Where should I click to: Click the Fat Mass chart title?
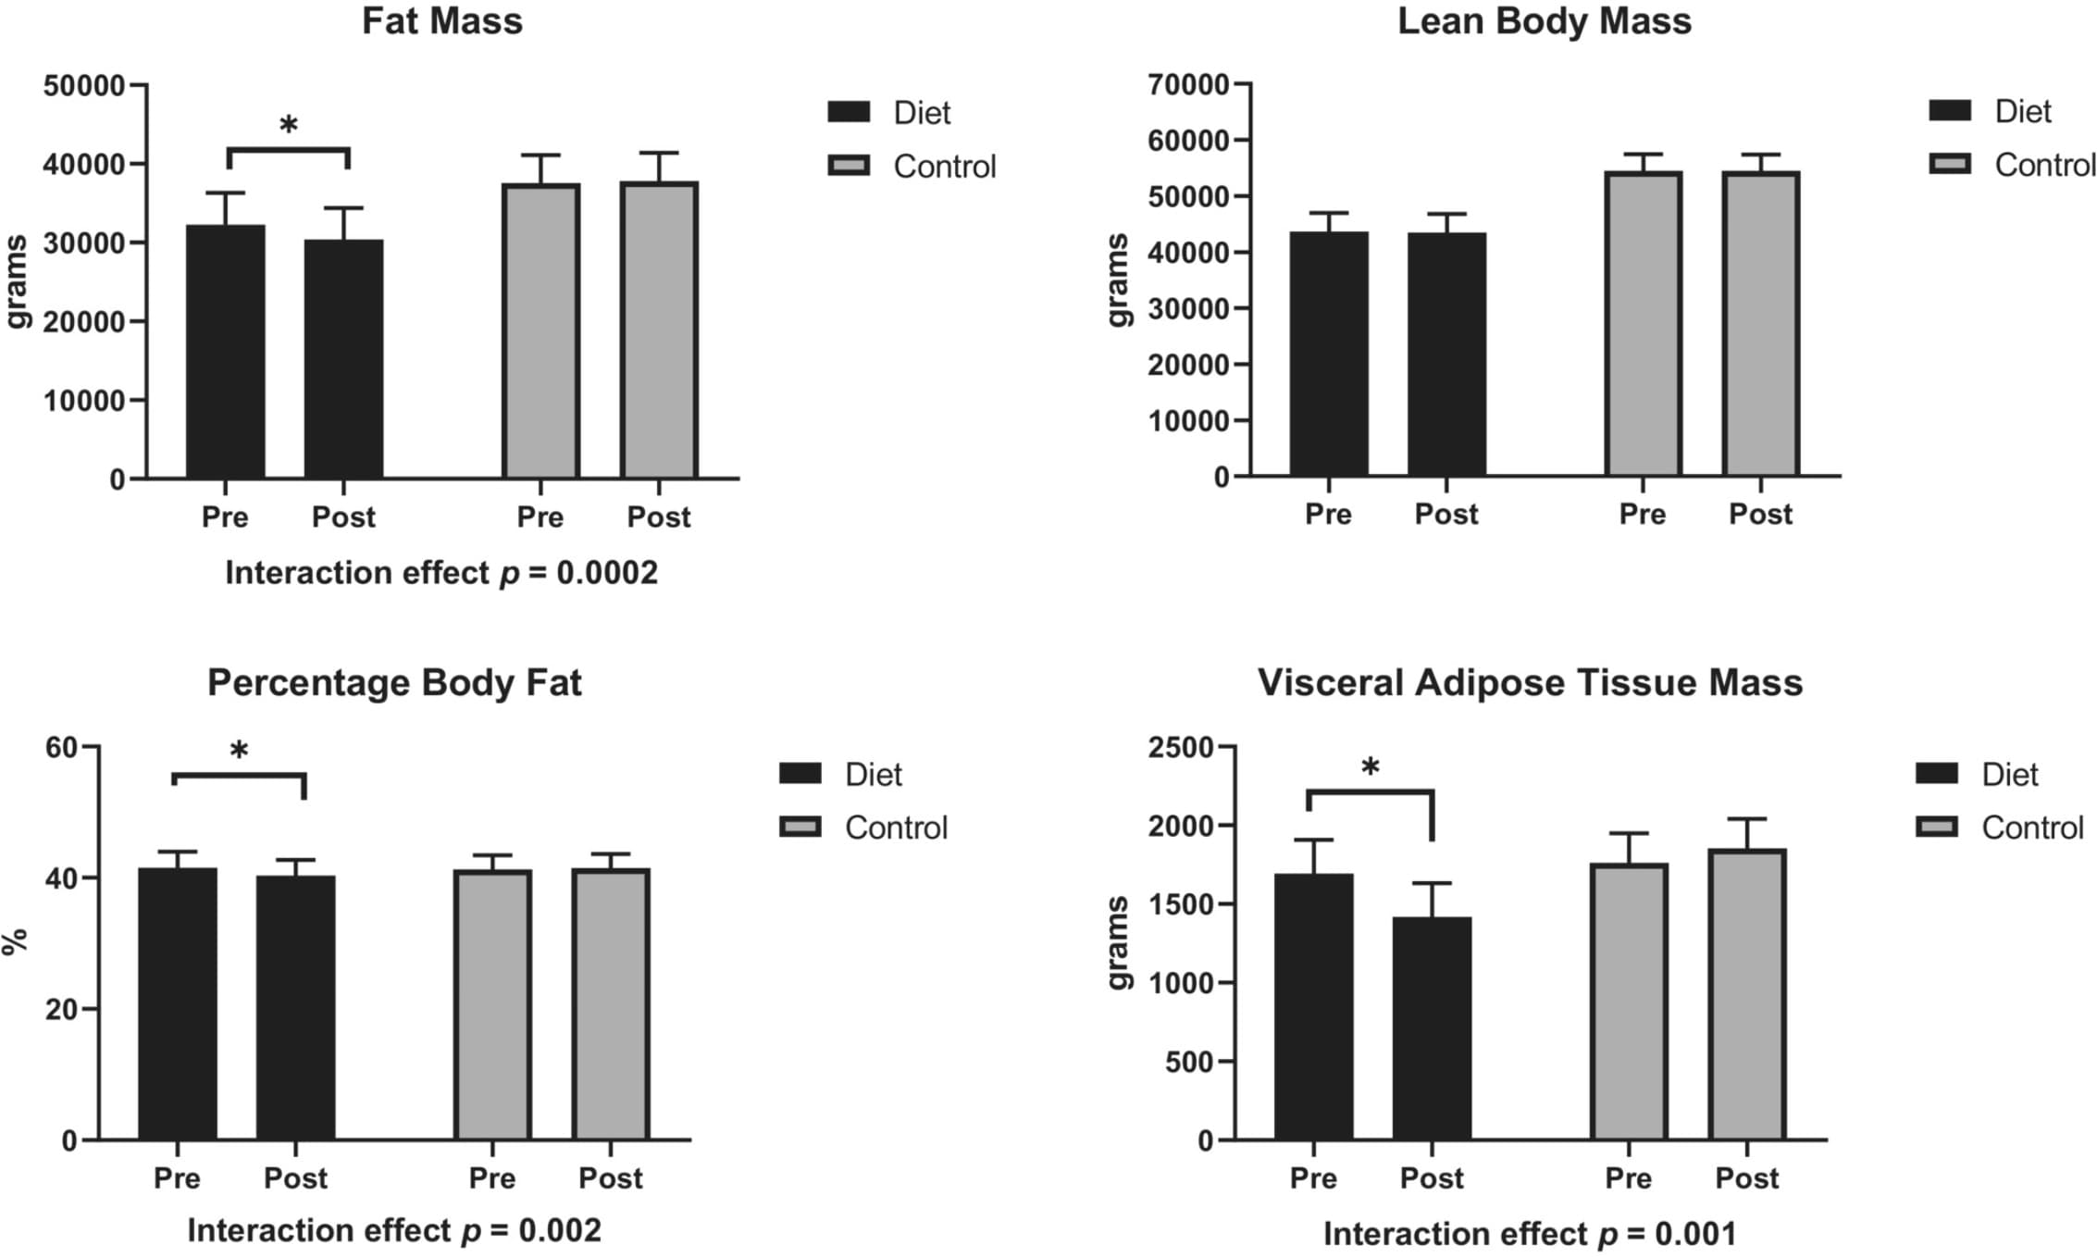pyautogui.click(x=441, y=21)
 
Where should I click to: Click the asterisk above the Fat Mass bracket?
pyautogui.click(x=289, y=125)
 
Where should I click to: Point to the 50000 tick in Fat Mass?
pyautogui.click(x=83, y=86)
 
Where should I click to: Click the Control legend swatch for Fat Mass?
pyautogui.click(x=849, y=167)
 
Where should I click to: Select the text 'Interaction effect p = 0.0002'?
pyautogui.click(x=441, y=573)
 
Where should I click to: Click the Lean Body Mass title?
pyautogui.click(x=1544, y=21)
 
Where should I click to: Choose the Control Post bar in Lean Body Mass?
pyautogui.click(x=1760, y=324)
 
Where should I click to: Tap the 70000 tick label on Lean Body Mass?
pyautogui.click(x=1188, y=85)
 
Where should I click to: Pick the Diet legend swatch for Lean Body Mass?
pyautogui.click(x=1950, y=112)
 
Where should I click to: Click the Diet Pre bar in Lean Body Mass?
pyautogui.click(x=1328, y=354)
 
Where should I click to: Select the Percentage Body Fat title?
pyautogui.click(x=394, y=683)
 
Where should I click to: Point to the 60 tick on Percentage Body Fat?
pyautogui.click(x=61, y=747)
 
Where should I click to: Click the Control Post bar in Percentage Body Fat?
pyautogui.click(x=611, y=1004)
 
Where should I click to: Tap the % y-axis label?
pyautogui.click(x=16, y=942)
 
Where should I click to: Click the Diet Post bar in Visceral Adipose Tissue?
pyautogui.click(x=1432, y=1027)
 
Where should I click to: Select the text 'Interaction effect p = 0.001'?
pyautogui.click(x=1529, y=1234)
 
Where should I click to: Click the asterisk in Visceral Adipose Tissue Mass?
pyautogui.click(x=1371, y=766)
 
